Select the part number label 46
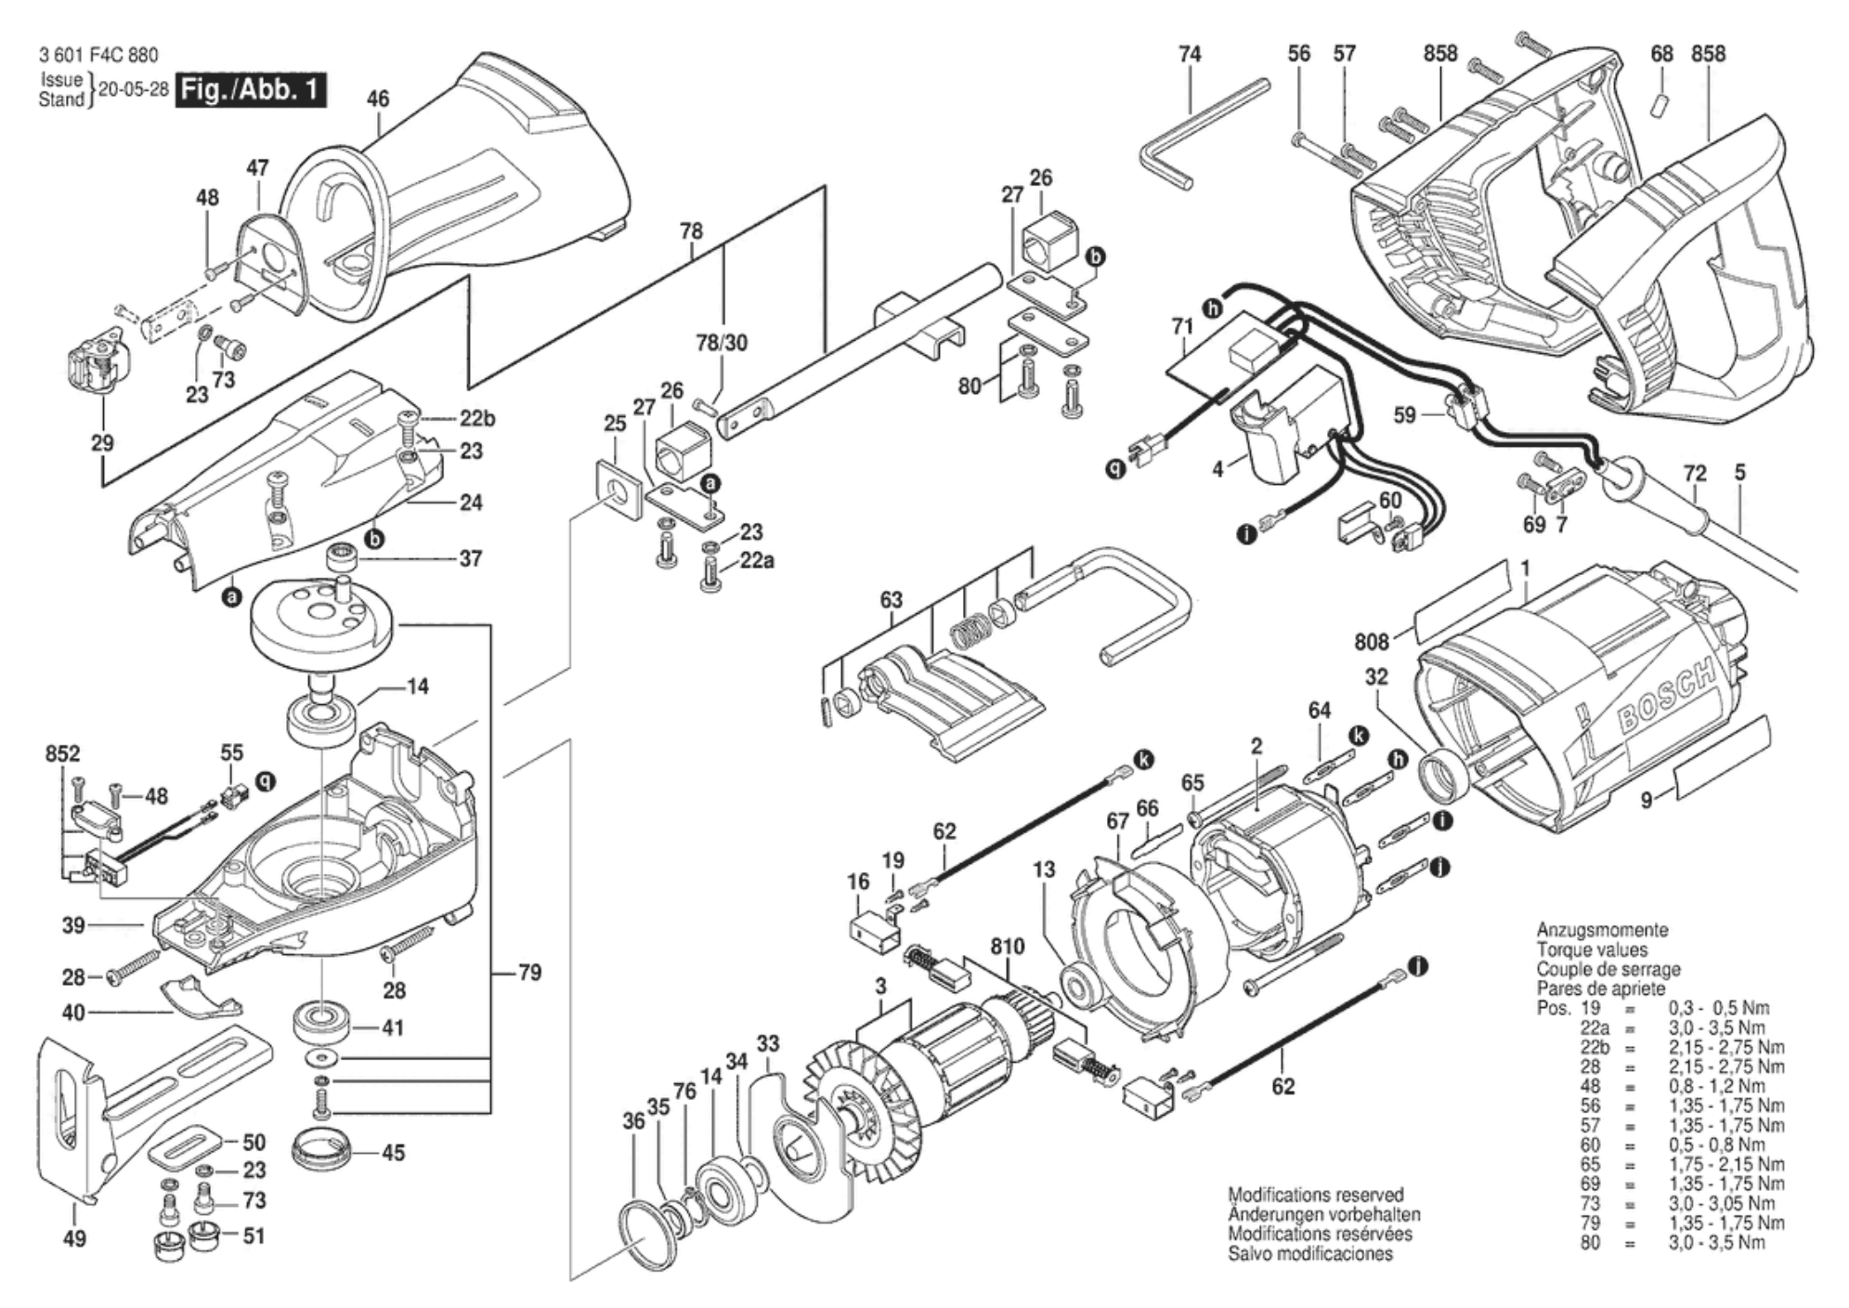point(378,98)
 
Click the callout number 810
point(1007,947)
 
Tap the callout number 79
point(529,973)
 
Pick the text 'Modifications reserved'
point(1316,1196)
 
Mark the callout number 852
point(62,754)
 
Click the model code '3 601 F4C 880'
point(99,56)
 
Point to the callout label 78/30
point(722,343)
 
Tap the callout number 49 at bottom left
point(74,1238)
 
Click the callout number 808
point(1371,642)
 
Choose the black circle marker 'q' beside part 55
point(266,781)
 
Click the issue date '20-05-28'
point(133,90)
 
